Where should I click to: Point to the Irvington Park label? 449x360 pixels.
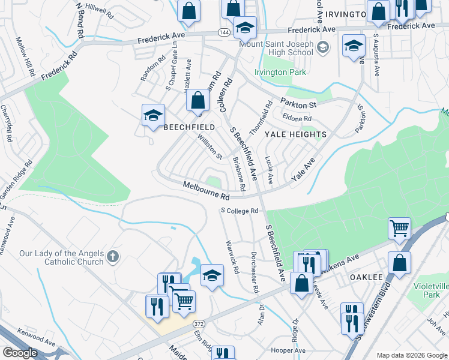[x=280, y=73]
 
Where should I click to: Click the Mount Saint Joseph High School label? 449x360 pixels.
[x=276, y=48]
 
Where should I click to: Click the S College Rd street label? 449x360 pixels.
[x=239, y=211]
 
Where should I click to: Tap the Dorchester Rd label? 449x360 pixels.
[x=255, y=274]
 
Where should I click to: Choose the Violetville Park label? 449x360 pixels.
[x=427, y=290]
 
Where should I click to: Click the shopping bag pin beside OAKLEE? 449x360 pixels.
[x=399, y=262]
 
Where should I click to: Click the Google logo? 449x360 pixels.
[x=20, y=353]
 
